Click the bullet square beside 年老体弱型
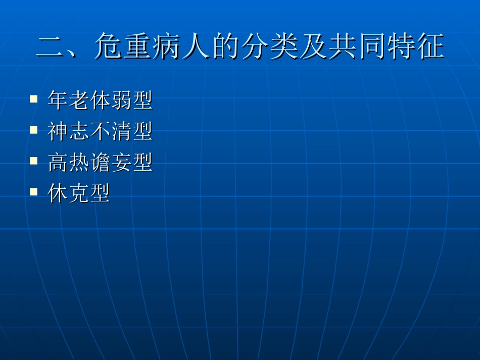[34, 98]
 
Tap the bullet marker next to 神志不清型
[34, 130]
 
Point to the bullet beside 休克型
[34, 191]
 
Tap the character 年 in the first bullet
[58, 100]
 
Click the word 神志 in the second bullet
[68, 132]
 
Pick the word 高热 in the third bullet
[68, 163]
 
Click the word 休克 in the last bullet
[68, 193]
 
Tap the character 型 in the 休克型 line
[100, 193]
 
